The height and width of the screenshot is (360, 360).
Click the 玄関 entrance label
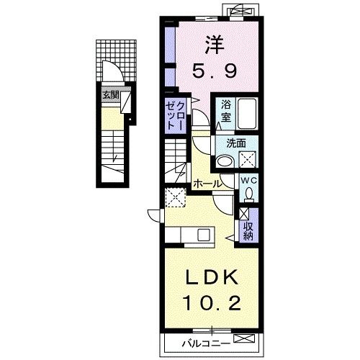[x=111, y=95]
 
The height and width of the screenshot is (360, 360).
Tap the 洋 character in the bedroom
[x=215, y=45]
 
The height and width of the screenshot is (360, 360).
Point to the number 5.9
[x=215, y=71]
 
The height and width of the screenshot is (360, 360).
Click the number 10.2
[x=212, y=302]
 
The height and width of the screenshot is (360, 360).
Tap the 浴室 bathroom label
[x=226, y=111]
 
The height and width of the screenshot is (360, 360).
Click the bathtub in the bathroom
[x=247, y=113]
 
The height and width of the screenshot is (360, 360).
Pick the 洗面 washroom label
[x=236, y=143]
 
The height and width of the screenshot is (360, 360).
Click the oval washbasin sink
[x=225, y=161]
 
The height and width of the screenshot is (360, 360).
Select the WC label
[x=249, y=181]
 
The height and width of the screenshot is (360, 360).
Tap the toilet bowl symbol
[x=249, y=194]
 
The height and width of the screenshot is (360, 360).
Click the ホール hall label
[x=207, y=184]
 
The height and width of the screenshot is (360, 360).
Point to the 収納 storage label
[x=248, y=231]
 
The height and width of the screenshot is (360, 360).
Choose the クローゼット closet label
[x=176, y=116]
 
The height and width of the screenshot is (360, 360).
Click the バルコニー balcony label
[x=206, y=344]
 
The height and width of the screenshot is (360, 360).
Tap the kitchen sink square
[x=204, y=235]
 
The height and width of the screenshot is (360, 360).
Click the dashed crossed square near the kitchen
[x=176, y=197]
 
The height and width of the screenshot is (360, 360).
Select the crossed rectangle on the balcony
[x=243, y=338]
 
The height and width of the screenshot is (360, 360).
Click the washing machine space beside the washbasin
[x=248, y=159]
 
